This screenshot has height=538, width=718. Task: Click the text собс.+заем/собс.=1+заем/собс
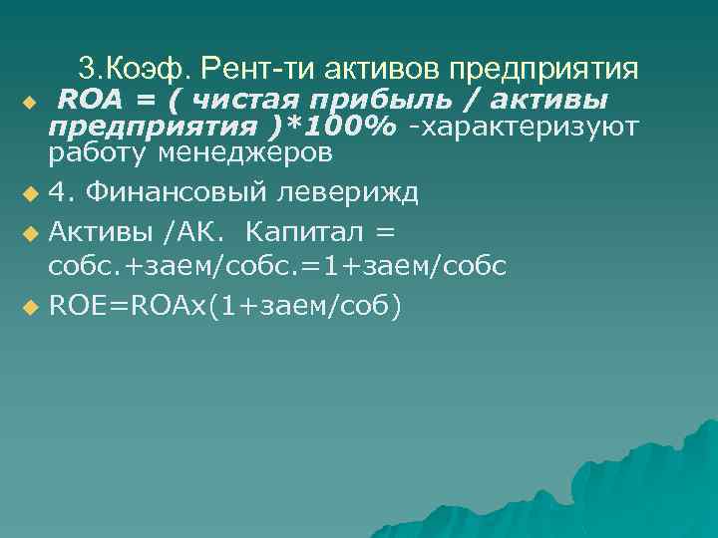point(278,266)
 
